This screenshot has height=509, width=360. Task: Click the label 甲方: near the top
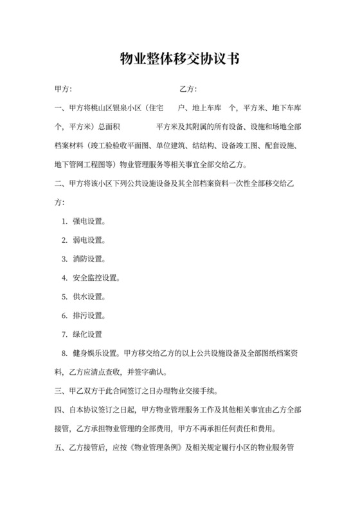[x=64, y=88]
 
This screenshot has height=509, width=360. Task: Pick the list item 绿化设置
[x=89, y=334]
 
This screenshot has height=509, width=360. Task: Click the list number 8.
[x=65, y=353]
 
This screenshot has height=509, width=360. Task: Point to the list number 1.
[x=65, y=222]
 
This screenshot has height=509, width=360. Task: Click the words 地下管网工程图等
[x=84, y=164]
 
